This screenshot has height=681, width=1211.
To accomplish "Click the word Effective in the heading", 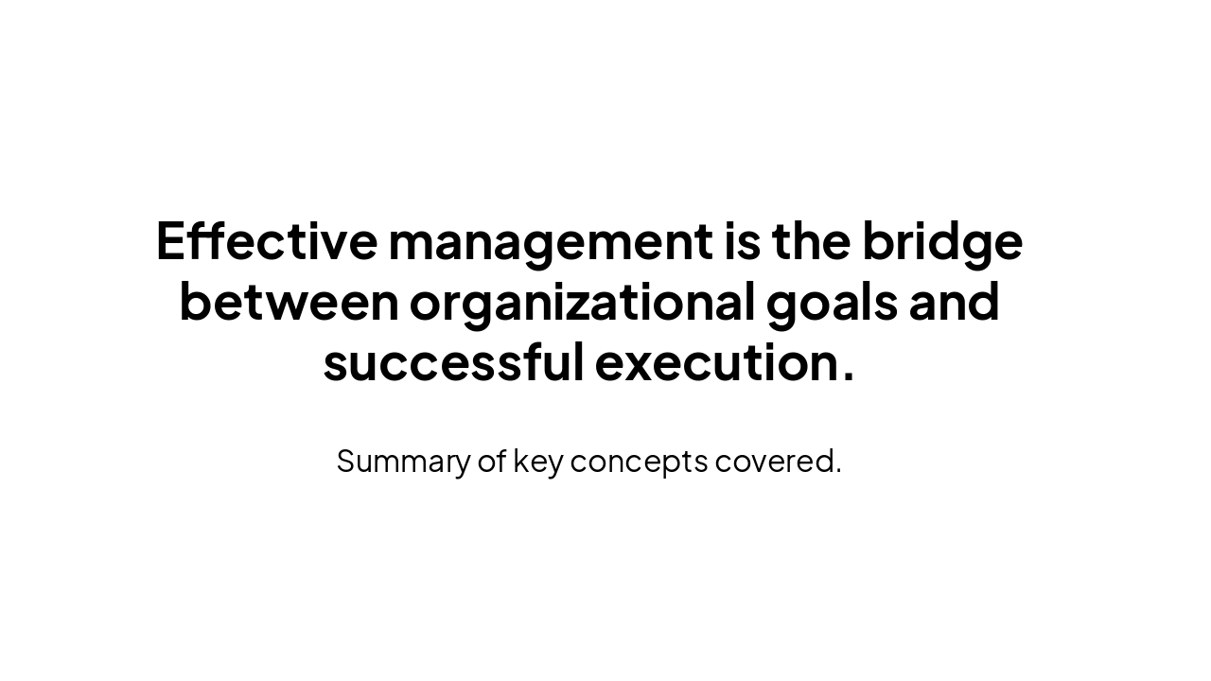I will click(x=266, y=240).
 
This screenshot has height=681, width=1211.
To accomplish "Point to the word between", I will click(x=289, y=302).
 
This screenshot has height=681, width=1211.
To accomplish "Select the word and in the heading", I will click(x=954, y=302).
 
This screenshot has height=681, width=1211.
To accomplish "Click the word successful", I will click(x=453, y=362).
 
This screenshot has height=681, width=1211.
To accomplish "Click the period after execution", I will click(x=847, y=377).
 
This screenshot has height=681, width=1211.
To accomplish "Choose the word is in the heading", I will click(x=742, y=240).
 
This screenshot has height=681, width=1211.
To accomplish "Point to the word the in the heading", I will click(x=811, y=240).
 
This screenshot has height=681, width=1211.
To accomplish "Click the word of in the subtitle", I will click(x=491, y=461).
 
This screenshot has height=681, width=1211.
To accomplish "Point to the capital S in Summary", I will click(x=346, y=461).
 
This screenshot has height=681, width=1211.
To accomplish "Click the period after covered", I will click(x=837, y=470).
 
